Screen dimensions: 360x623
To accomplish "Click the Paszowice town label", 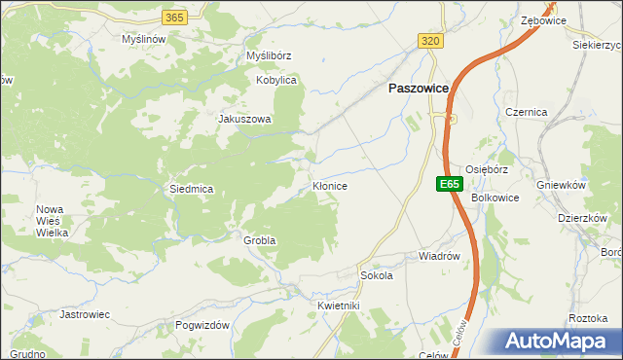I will click(419, 88).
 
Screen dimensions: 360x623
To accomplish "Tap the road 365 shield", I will click(174, 18).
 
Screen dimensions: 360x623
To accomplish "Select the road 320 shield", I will click(431, 40).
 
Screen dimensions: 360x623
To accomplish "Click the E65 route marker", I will click(448, 183).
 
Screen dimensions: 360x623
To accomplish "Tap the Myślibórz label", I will click(269, 56).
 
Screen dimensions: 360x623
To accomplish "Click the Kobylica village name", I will click(275, 80).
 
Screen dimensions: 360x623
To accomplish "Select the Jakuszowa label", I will click(244, 120).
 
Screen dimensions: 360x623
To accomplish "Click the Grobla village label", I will click(260, 239).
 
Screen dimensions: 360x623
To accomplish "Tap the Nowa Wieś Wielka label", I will click(51, 222).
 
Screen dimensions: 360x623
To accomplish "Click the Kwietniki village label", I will click(339, 306).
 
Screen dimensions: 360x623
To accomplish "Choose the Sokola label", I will click(377, 275).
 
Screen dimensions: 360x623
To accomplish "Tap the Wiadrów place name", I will click(438, 257).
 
